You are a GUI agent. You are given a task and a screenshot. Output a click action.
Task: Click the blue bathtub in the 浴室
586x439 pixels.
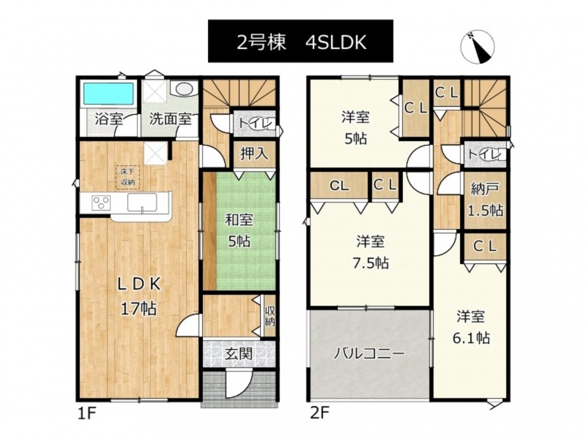coord(108,94)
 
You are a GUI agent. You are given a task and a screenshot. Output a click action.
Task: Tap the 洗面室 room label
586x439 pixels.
coord(171,119)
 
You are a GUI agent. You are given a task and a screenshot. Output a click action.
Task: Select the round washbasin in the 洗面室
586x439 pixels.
coord(184,89)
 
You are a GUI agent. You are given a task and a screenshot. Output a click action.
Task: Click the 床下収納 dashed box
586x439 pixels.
coord(127,177)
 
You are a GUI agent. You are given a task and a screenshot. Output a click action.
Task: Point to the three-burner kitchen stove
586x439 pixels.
coord(101,203)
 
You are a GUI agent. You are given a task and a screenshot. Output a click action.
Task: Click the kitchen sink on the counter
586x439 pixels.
coord(142,203)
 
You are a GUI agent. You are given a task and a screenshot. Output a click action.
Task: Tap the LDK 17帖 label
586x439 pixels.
coord(138,297)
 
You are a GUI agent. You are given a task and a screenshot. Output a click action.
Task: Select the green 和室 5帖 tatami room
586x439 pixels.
coord(246,230)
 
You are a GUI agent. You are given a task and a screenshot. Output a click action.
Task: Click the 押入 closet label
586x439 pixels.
coord(254,154)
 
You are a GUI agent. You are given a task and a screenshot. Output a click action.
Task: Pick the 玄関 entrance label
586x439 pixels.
coord(239,353)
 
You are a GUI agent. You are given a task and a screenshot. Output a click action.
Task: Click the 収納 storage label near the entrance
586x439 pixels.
coord(270,316)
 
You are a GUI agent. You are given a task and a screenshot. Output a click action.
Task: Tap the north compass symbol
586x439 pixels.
coord(478,48)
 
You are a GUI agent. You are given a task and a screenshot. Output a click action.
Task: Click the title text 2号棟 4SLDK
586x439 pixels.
coord(301,42)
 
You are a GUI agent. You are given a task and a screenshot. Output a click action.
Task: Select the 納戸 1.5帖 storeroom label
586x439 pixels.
coord(486,200)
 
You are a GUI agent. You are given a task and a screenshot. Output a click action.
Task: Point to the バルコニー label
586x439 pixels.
coord(368,353)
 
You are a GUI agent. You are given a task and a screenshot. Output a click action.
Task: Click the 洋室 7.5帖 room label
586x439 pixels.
coord(371,252)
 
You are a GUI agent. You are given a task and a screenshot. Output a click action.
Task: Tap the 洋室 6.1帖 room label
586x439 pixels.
coord(471,327)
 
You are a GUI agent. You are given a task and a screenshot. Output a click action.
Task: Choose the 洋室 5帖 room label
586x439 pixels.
coord(355,128)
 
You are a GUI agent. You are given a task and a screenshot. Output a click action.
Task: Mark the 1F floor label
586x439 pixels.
coord(87,413)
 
